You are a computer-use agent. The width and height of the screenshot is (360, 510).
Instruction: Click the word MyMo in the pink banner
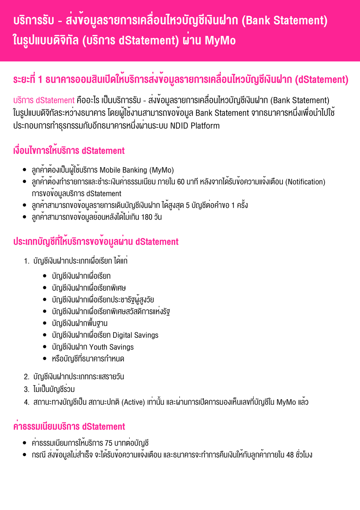pyautogui.click(x=220, y=41)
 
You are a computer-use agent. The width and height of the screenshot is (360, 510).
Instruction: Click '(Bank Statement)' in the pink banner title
pyautogui.click(x=284, y=20)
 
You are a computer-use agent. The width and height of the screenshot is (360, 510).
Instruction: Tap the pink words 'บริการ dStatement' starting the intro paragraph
pyautogui.click(x=44, y=100)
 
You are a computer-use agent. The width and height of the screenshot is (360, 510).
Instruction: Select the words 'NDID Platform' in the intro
pyautogui.click(x=195, y=125)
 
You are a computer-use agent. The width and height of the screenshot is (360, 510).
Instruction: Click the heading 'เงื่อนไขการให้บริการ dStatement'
pyautogui.click(x=69, y=151)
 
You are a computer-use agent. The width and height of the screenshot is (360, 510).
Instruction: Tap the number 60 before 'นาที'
pyautogui.click(x=181, y=182)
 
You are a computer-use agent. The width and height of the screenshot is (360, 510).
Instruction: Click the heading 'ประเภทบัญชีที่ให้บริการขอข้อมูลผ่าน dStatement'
pyautogui.click(x=96, y=242)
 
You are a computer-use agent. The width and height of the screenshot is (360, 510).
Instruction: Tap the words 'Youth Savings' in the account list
pyautogui.click(x=111, y=347)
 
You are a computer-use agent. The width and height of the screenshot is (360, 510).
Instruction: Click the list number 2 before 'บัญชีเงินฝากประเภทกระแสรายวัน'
pyautogui.click(x=27, y=377)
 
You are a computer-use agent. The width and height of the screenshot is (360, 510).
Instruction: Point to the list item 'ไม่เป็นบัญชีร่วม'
pyautogui.click(x=54, y=389)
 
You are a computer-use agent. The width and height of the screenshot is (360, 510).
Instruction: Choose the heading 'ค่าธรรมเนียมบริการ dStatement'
pyautogui.click(x=69, y=427)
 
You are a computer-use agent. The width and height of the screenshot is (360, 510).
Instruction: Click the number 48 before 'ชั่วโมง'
pyautogui.click(x=290, y=455)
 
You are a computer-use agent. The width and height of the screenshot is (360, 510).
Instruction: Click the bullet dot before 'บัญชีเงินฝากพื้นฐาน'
pyautogui.click(x=45, y=323)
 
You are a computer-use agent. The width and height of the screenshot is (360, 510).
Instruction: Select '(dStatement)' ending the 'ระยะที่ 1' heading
pyautogui.click(x=322, y=80)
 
